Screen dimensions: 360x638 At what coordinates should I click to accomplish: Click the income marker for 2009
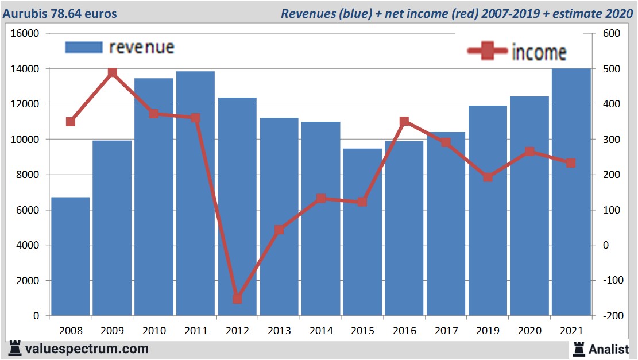(113, 72)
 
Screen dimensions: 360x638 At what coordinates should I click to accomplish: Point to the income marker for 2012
(237, 299)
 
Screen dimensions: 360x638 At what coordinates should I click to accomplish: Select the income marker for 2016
(404, 121)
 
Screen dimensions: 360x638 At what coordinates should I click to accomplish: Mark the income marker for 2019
(488, 177)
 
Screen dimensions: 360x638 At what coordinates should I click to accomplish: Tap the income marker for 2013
(279, 230)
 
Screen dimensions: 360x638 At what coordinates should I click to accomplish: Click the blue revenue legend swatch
(84, 47)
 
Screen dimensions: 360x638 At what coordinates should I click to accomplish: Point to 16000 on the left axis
(26, 33)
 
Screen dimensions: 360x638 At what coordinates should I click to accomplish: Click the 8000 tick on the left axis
(28, 175)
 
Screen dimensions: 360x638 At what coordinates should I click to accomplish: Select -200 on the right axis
(609, 316)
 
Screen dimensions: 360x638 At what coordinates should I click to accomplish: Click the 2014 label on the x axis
(320, 331)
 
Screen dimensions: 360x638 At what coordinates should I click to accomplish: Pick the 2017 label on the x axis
(446, 331)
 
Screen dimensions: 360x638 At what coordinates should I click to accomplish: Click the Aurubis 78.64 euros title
(60, 13)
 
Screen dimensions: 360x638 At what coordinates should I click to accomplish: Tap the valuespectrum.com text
(87, 349)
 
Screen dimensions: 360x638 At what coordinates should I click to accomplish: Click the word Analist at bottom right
(609, 349)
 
